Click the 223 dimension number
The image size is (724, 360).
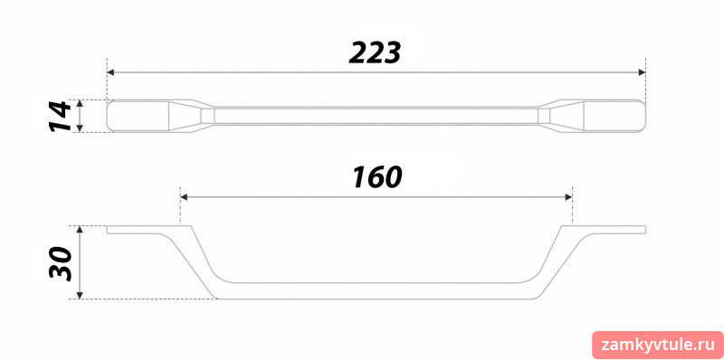point(375,52)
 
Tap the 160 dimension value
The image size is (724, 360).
point(376,177)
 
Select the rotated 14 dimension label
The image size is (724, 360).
point(61,117)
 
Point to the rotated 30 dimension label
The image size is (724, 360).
point(61,263)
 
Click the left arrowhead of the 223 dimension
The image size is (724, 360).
point(110,72)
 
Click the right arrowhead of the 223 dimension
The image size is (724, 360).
point(642,72)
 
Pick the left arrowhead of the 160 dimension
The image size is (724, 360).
point(184,197)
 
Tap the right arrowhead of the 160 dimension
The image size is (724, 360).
point(568,197)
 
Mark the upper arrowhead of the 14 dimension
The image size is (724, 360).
point(80,103)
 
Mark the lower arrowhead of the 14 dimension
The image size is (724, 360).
point(80,128)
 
